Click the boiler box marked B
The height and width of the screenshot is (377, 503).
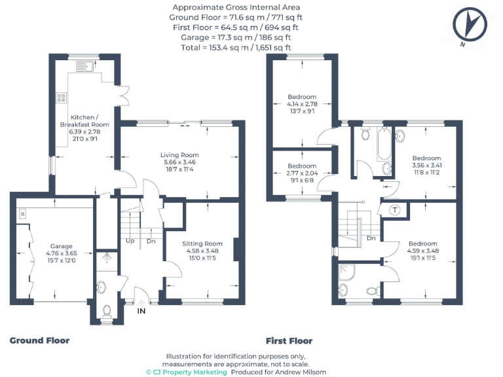pyautogui.click(x=22, y=213)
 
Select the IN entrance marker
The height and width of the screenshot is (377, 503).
pyautogui.click(x=141, y=310)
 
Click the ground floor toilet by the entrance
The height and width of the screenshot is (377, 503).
pyautogui.click(x=106, y=310)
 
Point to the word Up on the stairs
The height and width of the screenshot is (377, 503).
pyautogui.click(x=130, y=240)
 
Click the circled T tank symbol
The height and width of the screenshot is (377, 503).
pyautogui.click(x=395, y=209)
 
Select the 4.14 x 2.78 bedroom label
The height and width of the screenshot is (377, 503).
pyautogui.click(x=302, y=104)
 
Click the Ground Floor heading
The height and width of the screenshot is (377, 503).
pyautogui.click(x=39, y=340)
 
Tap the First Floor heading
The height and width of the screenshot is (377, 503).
pyautogui.click(x=289, y=340)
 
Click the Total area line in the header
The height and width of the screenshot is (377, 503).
pyautogui.click(x=236, y=47)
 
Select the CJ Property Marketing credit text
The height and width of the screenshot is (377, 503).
pyautogui.click(x=186, y=372)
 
